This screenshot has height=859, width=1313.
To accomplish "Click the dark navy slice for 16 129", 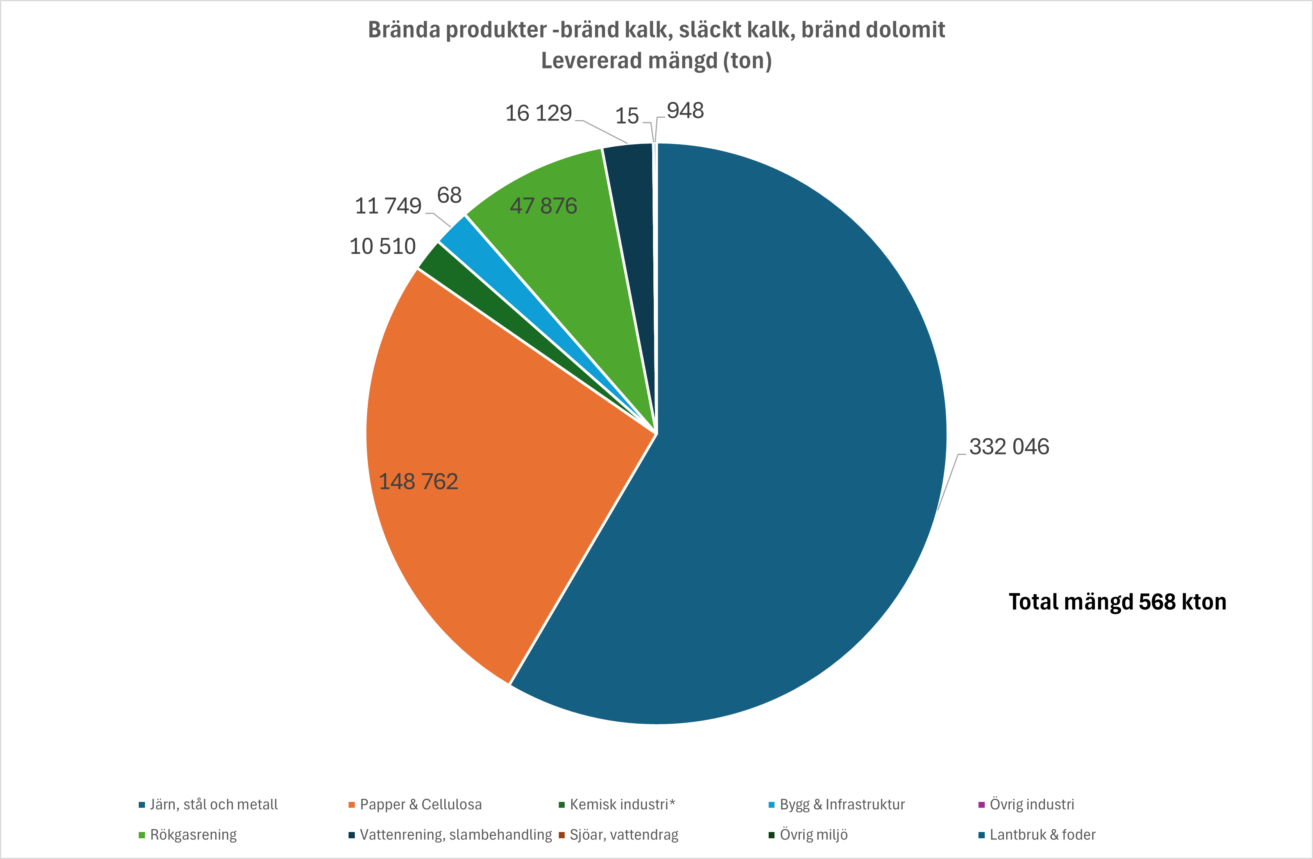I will tap(631, 221).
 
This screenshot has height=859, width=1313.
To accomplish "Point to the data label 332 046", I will tap(1009, 447).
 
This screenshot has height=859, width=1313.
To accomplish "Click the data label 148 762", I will tap(418, 482).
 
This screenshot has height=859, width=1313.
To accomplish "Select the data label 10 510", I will tap(382, 246).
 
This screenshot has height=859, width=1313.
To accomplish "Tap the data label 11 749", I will tap(388, 206).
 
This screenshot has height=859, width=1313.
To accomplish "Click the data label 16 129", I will tap(538, 113).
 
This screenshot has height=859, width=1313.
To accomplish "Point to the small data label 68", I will tap(449, 195).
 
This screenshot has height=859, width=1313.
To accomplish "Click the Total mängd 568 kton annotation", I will tap(1117, 602).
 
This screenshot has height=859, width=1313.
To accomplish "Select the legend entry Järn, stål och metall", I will tap(213, 804).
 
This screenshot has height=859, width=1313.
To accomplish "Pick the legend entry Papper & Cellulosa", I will tap(420, 804).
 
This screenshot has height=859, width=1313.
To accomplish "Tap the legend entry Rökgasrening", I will tap(193, 835).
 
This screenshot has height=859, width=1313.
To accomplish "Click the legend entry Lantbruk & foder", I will tap(1042, 835).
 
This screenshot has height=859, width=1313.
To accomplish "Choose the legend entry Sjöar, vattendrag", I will tap(623, 835).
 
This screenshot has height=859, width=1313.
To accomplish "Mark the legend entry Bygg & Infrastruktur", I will tap(842, 804).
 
